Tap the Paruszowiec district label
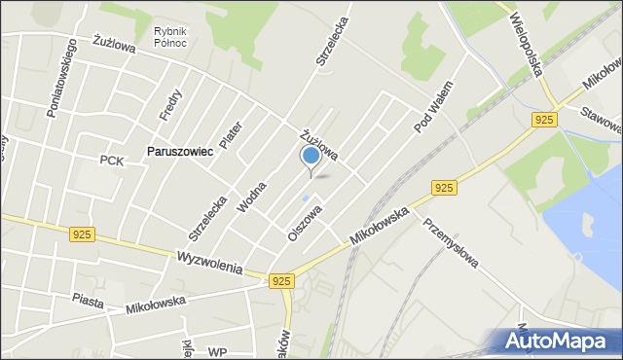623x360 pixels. (x=179, y=152)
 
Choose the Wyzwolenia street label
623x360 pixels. (x=209, y=262)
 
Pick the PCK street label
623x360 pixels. (x=111, y=161)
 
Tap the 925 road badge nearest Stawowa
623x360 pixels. (x=544, y=119)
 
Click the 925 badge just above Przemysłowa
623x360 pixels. (x=443, y=187)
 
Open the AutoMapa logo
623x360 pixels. (x=561, y=341)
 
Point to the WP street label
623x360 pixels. (x=217, y=351)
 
